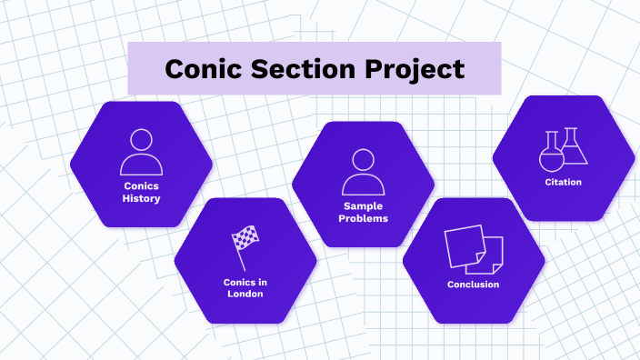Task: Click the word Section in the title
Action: click(305, 69)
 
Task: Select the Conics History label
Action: click(141, 192)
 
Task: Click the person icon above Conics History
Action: click(141, 152)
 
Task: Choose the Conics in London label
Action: click(245, 287)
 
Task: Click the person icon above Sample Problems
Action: click(363, 172)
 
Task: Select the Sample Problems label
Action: click(363, 213)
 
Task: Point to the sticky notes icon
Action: click(474, 248)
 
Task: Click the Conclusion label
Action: click(473, 285)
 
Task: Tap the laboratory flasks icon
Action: click(563, 149)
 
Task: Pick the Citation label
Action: click(564, 182)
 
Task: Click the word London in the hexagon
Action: click(245, 294)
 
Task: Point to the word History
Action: click(141, 198)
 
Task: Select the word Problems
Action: click(363, 219)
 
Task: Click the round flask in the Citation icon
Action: click(551, 155)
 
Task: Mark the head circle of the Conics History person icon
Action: click(141, 140)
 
